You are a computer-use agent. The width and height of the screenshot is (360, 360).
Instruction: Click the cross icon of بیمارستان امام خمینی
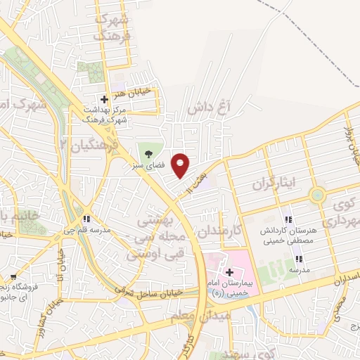[x=229, y=271]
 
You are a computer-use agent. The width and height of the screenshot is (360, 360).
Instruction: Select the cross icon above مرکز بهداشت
[x=104, y=100]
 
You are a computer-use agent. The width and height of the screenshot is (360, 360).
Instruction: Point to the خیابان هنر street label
[x=130, y=91]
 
